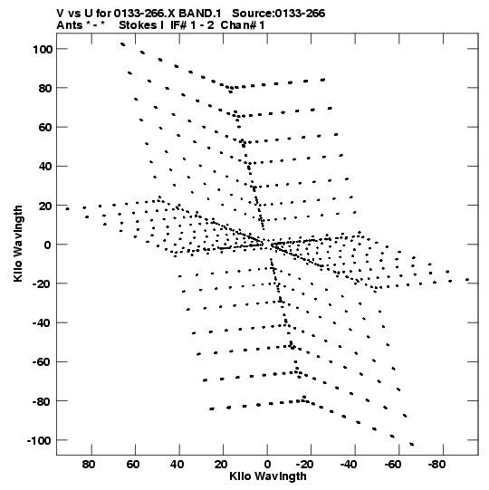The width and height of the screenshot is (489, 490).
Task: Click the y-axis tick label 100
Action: pos(43,49)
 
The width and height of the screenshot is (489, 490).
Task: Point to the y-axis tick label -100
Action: pos(39,441)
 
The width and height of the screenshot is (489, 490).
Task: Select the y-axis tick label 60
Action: pos(45,128)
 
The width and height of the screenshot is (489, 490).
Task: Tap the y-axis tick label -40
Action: pos(42,323)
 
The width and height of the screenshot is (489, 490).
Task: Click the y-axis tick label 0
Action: pos(47,245)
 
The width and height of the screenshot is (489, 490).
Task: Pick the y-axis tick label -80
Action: pos(42,401)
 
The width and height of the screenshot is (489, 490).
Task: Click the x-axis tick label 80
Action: pos(89,465)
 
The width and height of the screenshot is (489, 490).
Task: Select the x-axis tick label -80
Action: pos(436,465)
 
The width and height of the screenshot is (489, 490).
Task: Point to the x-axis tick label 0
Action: pos(267,465)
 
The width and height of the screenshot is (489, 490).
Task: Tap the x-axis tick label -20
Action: pos(304,465)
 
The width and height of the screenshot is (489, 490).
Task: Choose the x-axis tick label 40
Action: pos(177,465)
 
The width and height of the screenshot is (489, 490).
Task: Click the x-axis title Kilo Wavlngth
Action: pos(268,476)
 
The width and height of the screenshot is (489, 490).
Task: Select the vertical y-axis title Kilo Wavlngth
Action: pos(18,244)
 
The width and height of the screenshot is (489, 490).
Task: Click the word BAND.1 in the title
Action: pos(200,14)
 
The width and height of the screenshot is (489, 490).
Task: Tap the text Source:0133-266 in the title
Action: pos(278,14)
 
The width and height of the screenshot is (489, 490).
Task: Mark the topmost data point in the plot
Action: pos(123,44)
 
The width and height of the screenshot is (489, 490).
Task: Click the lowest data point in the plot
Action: pos(412,445)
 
